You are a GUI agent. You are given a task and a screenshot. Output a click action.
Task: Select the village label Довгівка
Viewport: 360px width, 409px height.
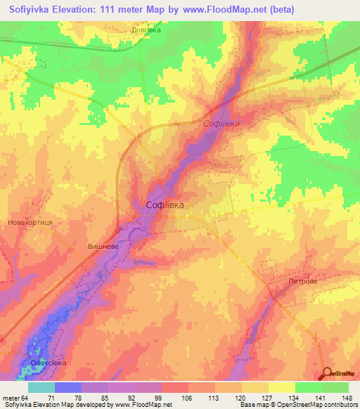[x=146, y=30]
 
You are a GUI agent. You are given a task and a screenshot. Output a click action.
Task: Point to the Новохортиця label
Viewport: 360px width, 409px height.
[x=30, y=221]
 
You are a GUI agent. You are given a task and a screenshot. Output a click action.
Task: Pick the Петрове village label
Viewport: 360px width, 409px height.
[x=303, y=280]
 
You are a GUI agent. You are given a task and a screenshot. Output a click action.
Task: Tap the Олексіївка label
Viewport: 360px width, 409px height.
[x=48, y=363]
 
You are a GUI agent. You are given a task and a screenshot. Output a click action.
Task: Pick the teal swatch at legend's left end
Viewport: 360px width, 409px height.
[x=41, y=387]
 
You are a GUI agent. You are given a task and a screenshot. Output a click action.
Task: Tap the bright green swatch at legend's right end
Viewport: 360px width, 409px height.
[x=335, y=387]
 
